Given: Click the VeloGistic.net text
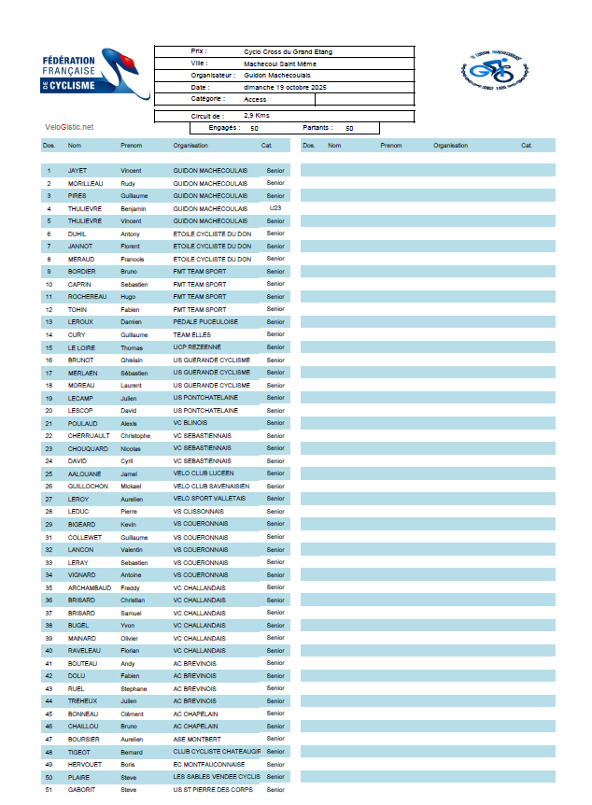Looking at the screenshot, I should (69, 127).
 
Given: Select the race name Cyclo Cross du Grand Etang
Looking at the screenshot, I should (288, 52).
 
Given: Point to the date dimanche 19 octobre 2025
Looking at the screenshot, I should (278, 87).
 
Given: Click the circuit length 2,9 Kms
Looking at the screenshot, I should (258, 116).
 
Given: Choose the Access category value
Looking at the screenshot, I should (255, 98).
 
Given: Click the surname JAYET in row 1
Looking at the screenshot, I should (78, 171).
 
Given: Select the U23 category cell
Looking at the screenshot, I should (275, 208).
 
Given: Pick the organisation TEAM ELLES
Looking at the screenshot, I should (192, 334).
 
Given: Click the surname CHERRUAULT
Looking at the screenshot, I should (89, 435).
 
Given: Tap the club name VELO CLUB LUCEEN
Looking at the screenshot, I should (204, 473).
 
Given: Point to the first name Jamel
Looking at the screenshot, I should (130, 473).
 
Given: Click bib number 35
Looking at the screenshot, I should (48, 587).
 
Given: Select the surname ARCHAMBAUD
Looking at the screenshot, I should (89, 587).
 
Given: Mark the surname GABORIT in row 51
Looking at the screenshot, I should (82, 790).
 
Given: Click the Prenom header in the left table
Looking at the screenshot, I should (131, 146).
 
